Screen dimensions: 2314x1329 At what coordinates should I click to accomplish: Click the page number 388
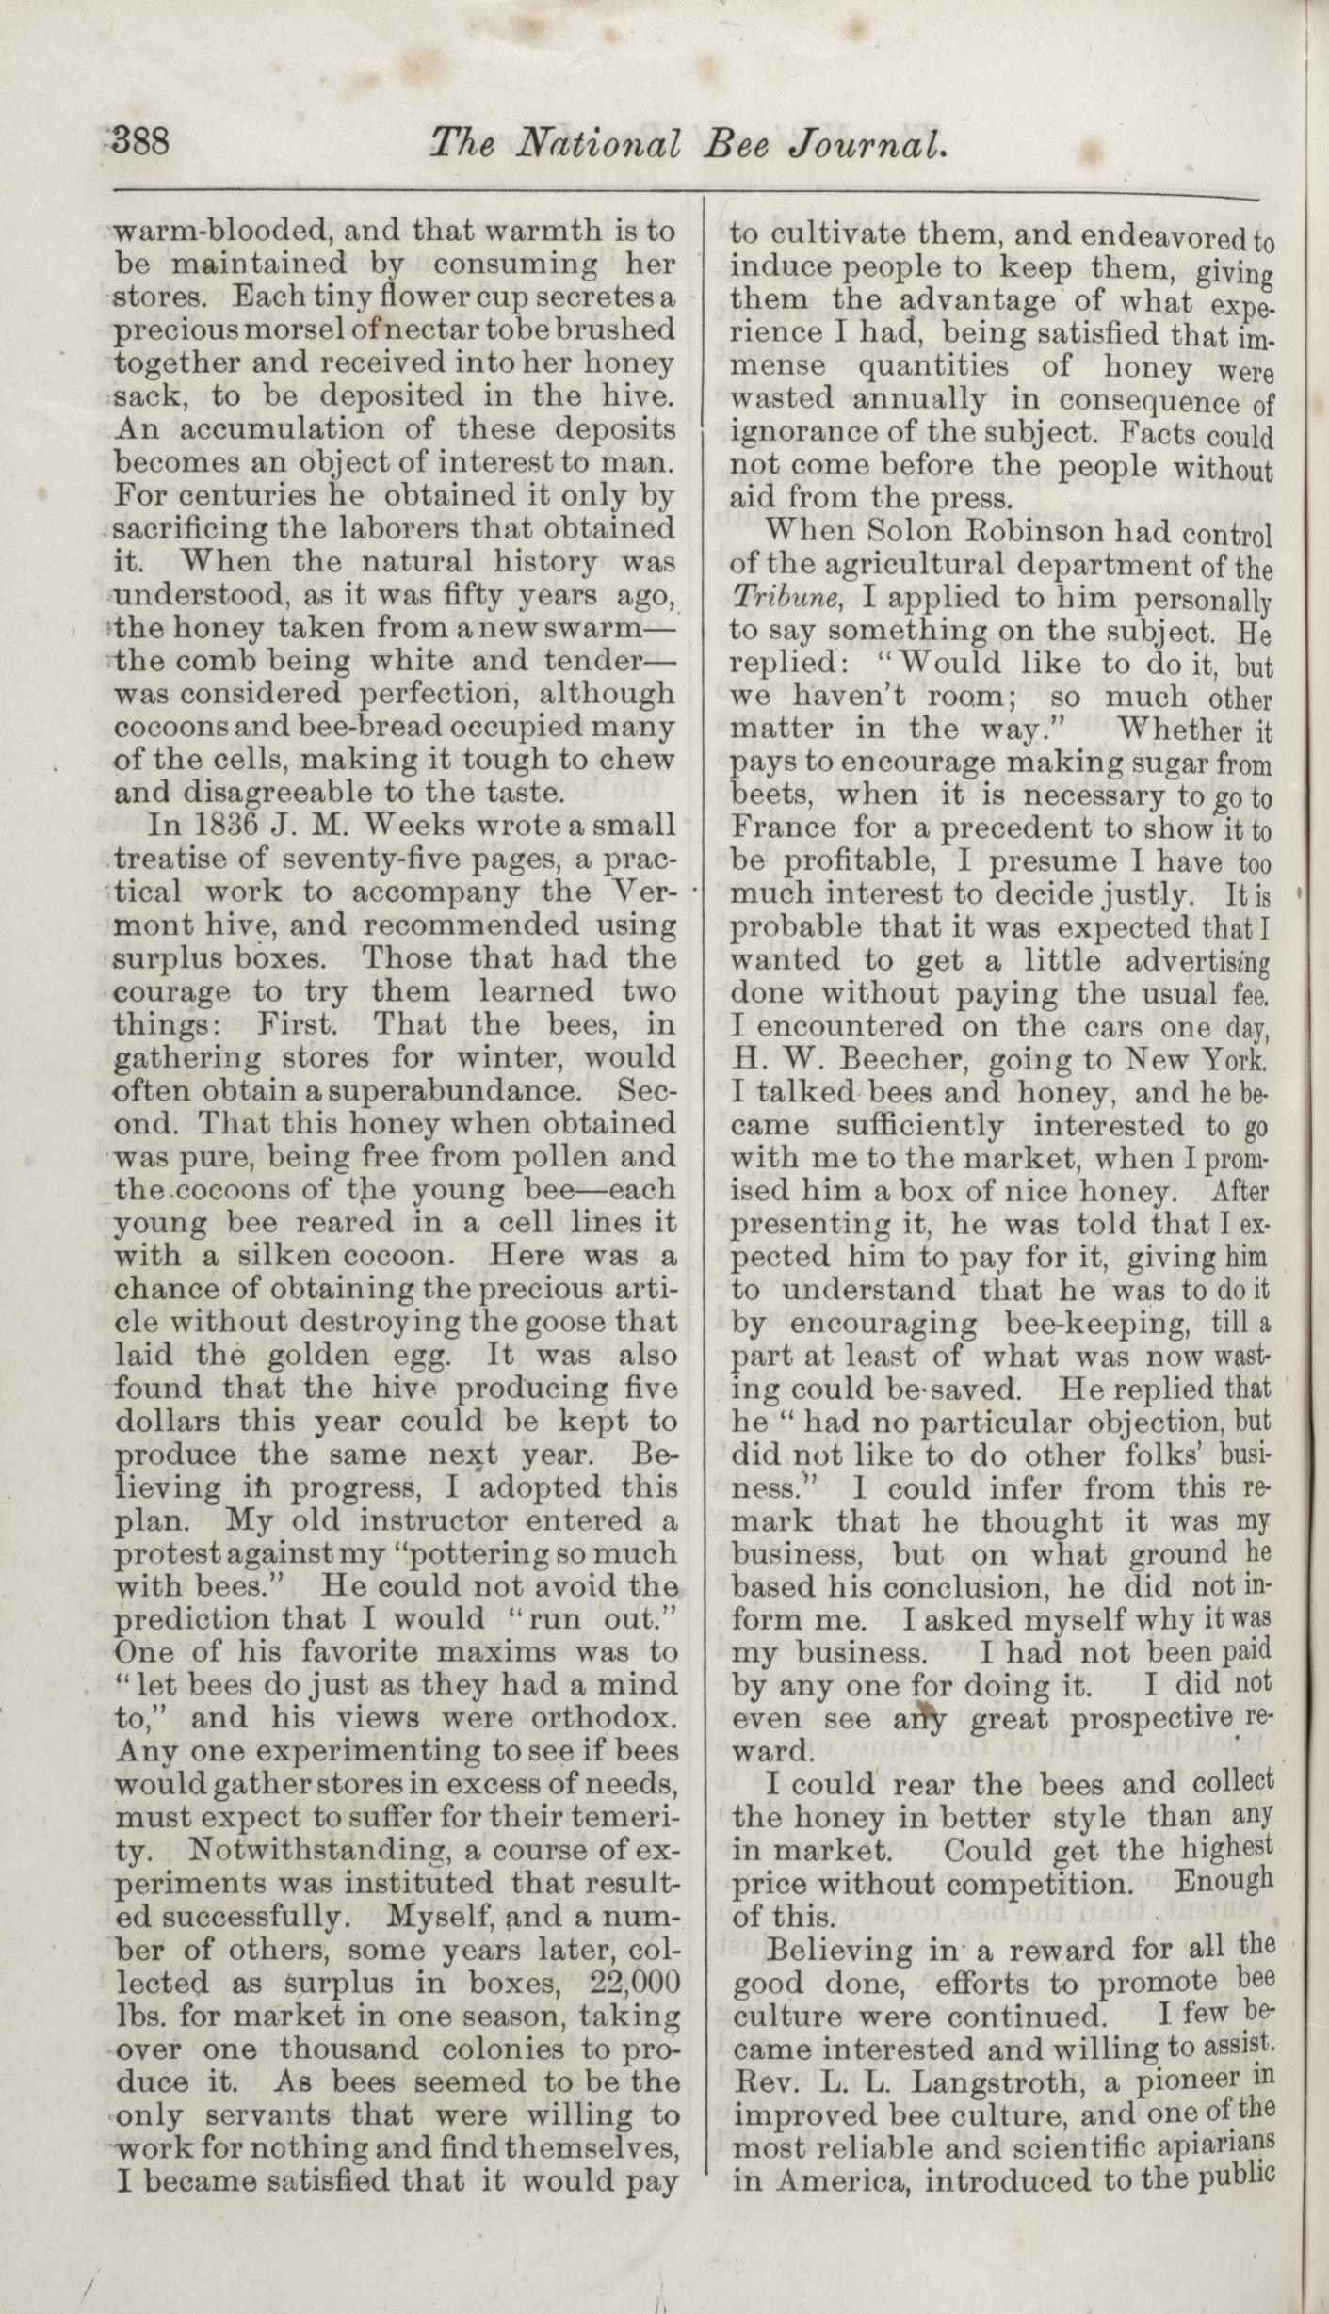coord(140,143)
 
